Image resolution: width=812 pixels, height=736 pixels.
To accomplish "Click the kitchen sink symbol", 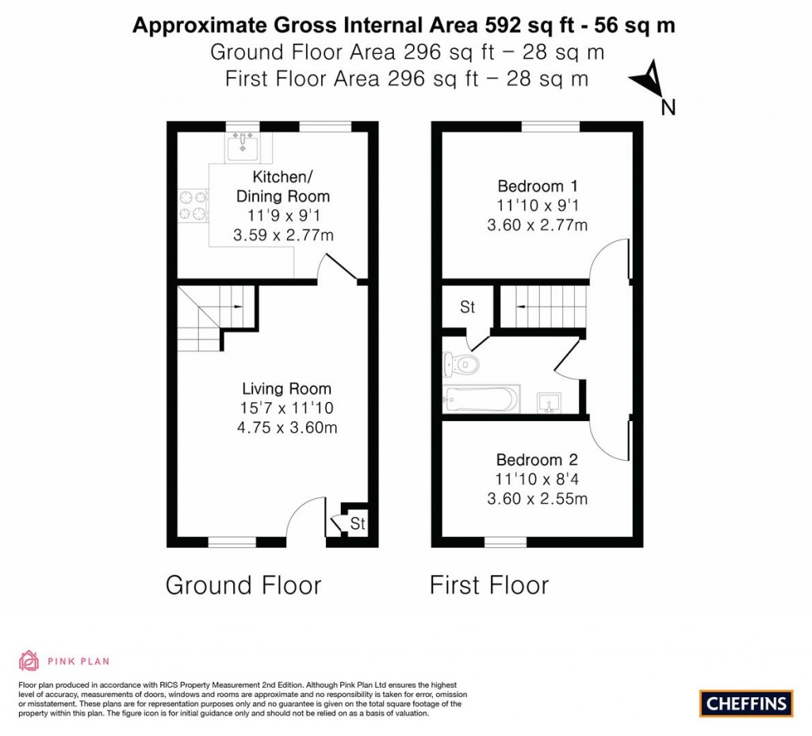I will [x=242, y=146].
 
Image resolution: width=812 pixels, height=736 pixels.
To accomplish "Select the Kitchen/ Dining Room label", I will [x=283, y=186].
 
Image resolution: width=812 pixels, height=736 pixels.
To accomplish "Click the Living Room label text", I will [x=286, y=389].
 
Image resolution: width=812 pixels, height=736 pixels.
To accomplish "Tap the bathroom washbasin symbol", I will [x=550, y=402].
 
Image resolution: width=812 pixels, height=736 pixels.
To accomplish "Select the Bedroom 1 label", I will [x=537, y=186].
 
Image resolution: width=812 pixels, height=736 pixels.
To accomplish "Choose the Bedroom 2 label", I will [x=537, y=460].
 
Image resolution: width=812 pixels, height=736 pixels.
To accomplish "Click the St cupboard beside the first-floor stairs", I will [x=467, y=307].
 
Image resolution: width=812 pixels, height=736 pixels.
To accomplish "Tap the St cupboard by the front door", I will [x=357, y=524].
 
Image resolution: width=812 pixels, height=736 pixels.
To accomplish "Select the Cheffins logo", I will [x=746, y=703].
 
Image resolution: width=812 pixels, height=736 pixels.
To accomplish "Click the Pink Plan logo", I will [x=64, y=660].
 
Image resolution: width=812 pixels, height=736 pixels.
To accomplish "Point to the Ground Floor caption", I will [x=243, y=585].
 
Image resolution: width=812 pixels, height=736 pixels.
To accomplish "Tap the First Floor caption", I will [x=488, y=585].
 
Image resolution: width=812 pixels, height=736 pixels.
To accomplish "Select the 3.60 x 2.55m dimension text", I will [x=537, y=499].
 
